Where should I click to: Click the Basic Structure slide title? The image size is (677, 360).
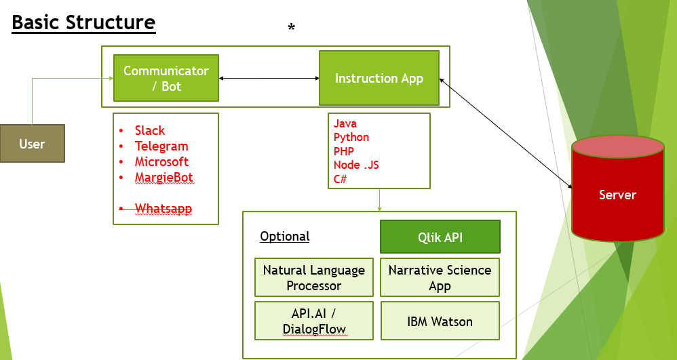83,22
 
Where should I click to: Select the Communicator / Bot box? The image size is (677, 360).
166,79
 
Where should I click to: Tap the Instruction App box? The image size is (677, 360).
379,79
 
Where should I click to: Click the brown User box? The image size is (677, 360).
32,144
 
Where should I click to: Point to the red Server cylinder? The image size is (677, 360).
617,195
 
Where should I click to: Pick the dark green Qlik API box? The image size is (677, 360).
440,237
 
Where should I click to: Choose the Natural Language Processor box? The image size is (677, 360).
314,277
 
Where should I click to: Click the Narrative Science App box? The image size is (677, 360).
440,277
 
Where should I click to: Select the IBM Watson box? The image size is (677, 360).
440,321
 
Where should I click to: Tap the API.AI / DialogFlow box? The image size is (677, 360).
314,321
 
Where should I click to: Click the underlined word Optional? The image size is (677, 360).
285,237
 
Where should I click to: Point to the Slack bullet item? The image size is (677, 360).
150,131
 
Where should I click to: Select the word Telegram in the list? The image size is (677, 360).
161,146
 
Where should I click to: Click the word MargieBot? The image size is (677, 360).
164,178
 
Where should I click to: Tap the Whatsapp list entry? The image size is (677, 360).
163,209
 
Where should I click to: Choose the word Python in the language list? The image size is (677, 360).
351,138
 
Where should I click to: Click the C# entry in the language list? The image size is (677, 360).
341,179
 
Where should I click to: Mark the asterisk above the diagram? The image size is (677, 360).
292,28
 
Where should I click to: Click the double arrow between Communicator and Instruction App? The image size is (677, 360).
269,79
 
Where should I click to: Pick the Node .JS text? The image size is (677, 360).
356,165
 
